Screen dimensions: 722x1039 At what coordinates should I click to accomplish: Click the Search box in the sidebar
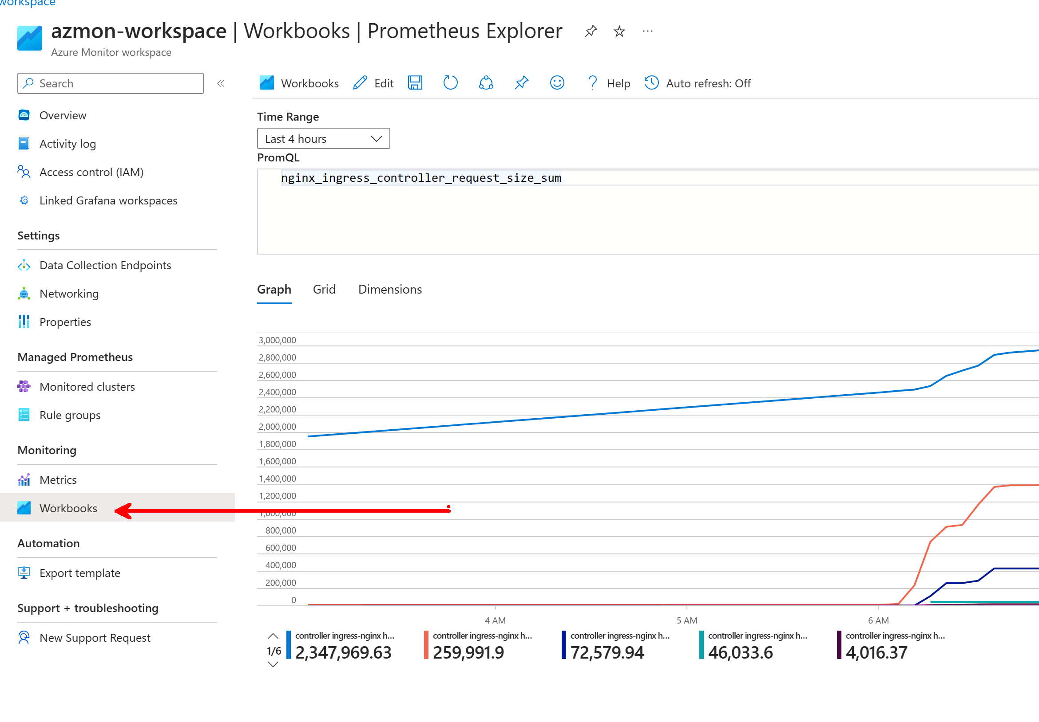(x=111, y=84)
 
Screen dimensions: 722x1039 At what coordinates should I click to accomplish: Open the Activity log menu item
(x=67, y=144)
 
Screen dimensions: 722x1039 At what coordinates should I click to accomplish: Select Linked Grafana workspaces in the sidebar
(x=108, y=200)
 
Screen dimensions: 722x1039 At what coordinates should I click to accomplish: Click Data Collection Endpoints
(x=105, y=265)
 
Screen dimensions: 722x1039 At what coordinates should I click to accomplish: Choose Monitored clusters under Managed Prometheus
(x=87, y=387)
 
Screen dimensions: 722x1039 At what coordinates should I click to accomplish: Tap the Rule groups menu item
(x=70, y=415)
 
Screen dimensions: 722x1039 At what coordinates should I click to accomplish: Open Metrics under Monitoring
(x=58, y=480)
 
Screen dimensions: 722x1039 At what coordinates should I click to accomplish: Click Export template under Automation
(x=79, y=573)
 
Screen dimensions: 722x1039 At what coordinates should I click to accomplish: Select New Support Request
(x=95, y=637)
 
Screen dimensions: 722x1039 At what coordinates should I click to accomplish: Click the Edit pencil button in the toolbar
(x=373, y=83)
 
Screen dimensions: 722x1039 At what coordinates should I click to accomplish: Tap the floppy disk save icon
(x=415, y=83)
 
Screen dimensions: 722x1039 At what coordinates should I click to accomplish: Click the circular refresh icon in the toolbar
(x=450, y=83)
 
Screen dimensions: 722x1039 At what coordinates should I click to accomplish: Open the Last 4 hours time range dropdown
(x=323, y=139)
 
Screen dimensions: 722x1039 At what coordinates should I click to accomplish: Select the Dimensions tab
(x=390, y=289)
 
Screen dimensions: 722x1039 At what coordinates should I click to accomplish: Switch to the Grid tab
(x=324, y=289)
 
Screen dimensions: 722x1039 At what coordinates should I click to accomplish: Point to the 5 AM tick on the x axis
(x=686, y=620)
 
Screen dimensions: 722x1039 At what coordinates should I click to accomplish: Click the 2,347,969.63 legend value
(x=343, y=652)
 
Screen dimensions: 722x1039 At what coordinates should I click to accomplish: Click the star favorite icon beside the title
(x=619, y=31)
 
